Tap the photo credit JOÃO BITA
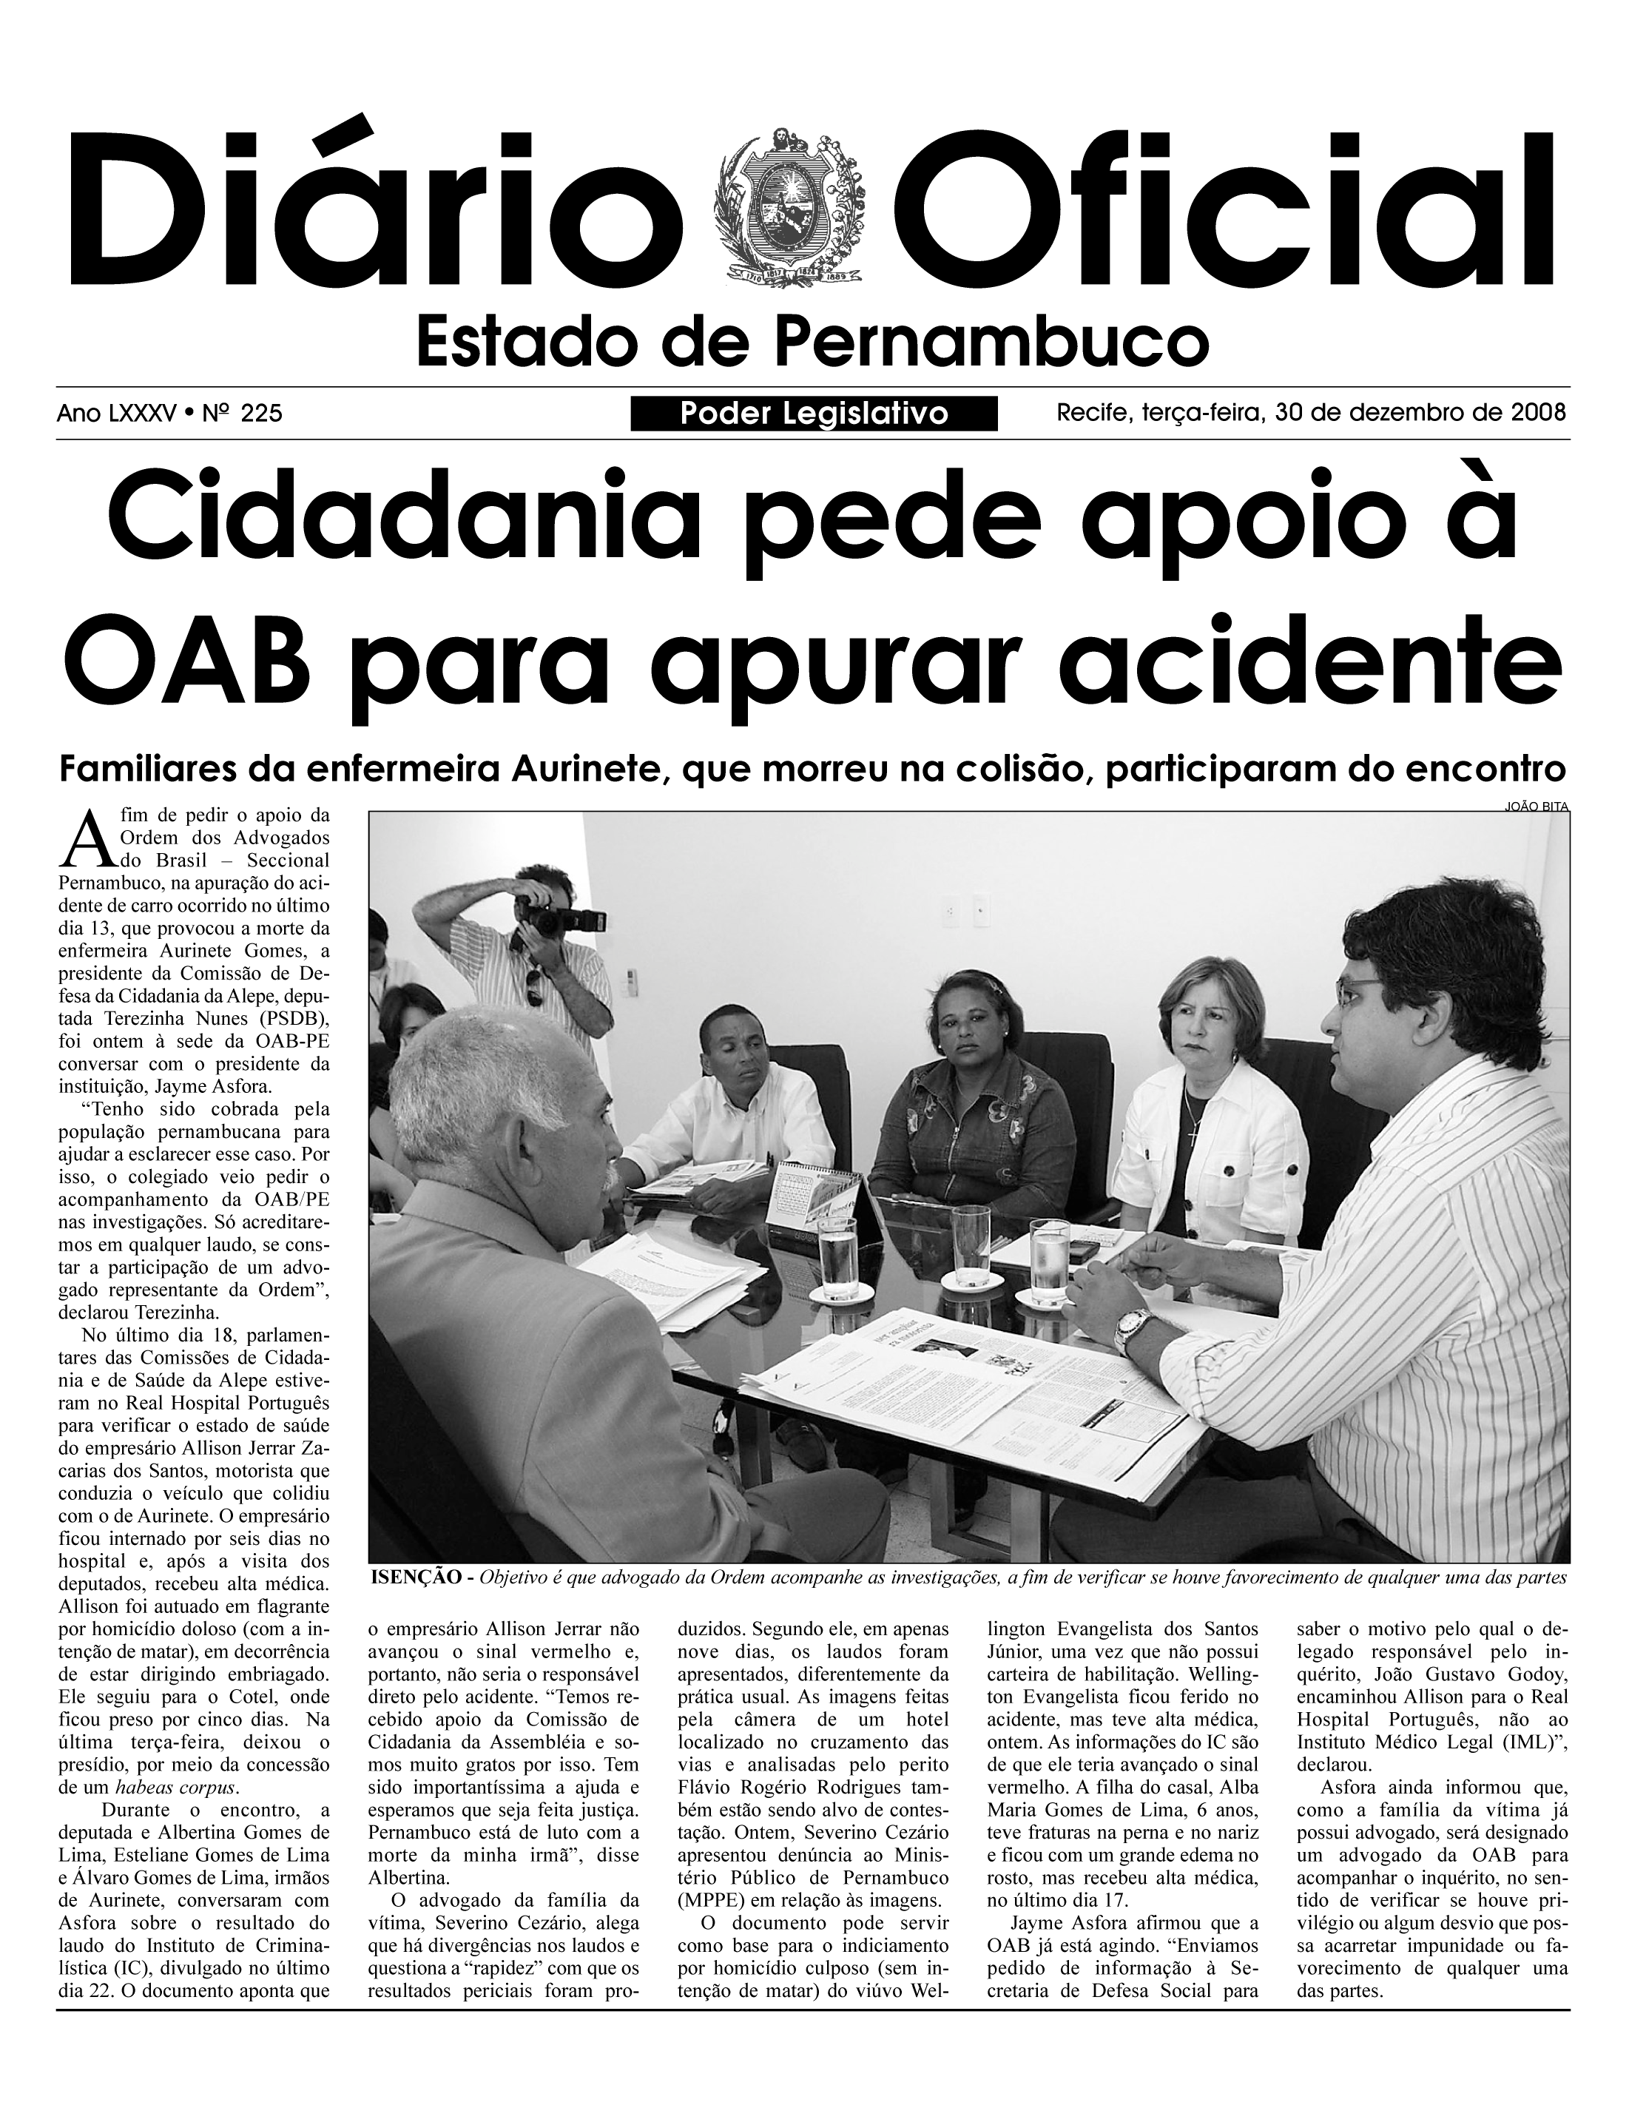[1536, 806]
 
